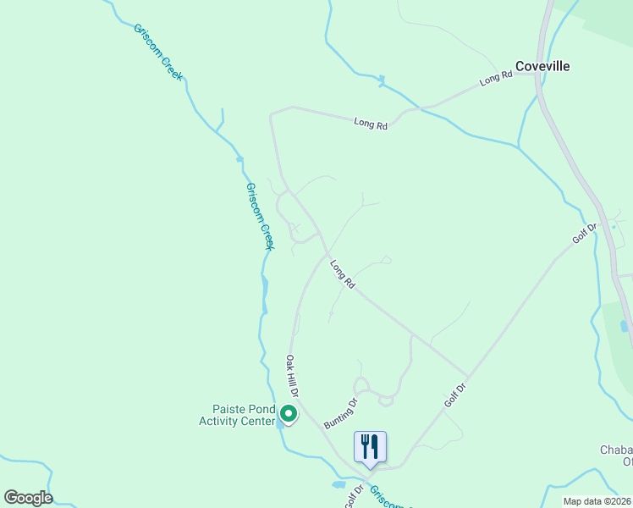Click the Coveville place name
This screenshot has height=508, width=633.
[543, 66]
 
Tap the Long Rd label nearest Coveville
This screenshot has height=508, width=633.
[497, 78]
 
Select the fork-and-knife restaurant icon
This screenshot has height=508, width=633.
[370, 446]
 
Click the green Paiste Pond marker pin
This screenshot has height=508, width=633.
[288, 414]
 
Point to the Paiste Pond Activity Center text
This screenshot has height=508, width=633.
[238, 415]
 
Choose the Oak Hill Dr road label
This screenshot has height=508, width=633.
[293, 377]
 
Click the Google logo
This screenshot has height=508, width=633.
[28, 498]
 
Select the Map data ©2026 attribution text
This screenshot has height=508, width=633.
[596, 501]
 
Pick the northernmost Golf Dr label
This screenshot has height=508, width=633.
[585, 233]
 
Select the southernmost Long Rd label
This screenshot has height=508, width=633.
[342, 274]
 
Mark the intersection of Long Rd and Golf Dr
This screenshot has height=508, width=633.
[467, 375]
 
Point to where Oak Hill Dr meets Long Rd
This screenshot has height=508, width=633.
[327, 252]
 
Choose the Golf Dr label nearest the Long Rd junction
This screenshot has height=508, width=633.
[455, 393]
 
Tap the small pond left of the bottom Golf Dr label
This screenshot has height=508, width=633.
[339, 485]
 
